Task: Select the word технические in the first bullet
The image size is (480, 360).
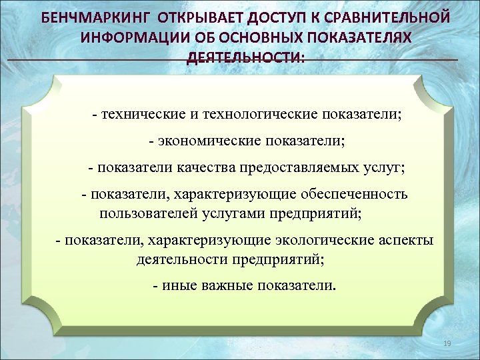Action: click(138, 114)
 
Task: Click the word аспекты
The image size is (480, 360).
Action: click(407, 240)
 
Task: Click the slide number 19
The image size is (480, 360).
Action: click(447, 343)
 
